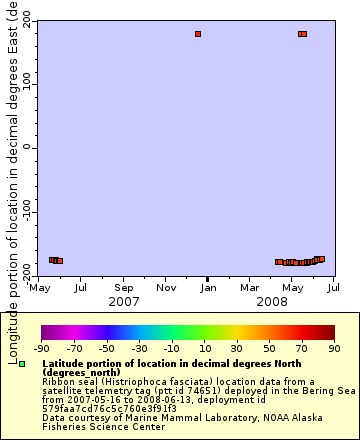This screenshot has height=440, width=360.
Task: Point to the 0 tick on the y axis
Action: (27, 147)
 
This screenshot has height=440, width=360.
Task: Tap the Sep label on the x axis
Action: (123, 288)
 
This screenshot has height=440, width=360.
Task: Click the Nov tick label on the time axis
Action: (166, 288)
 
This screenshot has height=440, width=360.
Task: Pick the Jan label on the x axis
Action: (207, 288)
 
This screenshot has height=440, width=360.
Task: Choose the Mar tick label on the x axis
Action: (249, 288)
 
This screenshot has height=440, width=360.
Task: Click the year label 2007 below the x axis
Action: (123, 301)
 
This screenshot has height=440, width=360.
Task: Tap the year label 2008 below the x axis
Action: (271, 301)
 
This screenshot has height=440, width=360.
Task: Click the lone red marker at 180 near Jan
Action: (198, 34)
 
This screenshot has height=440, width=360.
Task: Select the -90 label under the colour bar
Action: (41, 348)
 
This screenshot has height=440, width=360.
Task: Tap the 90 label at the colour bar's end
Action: (334, 348)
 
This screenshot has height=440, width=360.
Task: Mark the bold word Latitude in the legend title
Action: (63, 364)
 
